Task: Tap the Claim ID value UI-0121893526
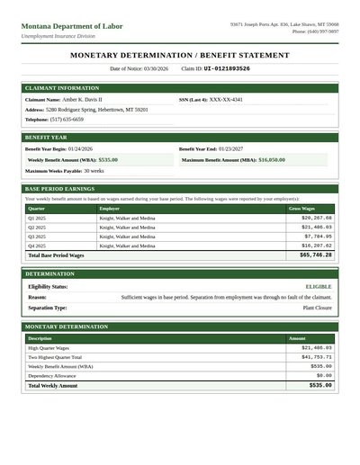227,68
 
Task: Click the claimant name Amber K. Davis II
83,99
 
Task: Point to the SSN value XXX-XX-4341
226,99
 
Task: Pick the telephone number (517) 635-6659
67,119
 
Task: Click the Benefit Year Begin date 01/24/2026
80,148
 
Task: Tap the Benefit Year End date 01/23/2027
230,148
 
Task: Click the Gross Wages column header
301,208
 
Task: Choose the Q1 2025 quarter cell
37,218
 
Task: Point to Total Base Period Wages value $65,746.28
315,255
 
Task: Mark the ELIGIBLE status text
319,286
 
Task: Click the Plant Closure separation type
317,308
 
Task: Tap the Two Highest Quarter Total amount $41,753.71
316,357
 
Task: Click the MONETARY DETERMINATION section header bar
180,327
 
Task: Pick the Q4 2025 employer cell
126,245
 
